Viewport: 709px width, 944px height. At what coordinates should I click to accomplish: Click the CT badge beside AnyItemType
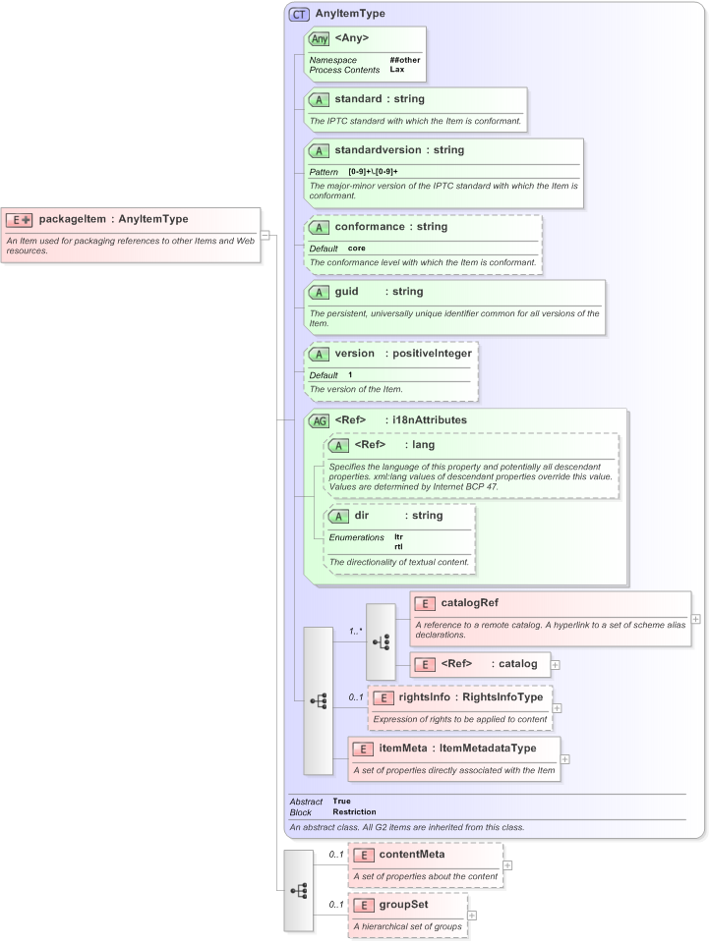[x=298, y=15]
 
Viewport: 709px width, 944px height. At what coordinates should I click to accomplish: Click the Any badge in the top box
[x=320, y=39]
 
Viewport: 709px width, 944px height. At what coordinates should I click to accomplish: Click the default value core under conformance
[x=356, y=248]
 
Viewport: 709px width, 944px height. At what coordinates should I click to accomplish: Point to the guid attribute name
[x=346, y=292]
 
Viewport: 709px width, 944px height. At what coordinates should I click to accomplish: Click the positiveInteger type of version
[x=432, y=354]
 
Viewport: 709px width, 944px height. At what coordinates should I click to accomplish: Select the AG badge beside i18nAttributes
[x=319, y=420]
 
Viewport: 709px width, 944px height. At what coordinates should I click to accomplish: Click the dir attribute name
[x=363, y=516]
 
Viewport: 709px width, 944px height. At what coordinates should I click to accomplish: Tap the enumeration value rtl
[x=398, y=546]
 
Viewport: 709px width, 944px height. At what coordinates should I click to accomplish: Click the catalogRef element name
[x=470, y=603]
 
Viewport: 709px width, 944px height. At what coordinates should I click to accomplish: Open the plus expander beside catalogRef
[x=696, y=619]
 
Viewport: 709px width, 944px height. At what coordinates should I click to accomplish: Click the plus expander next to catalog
[x=556, y=665]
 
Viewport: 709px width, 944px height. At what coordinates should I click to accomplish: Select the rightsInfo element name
[x=424, y=697]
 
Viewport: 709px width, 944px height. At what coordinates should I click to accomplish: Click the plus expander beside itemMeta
[x=565, y=758]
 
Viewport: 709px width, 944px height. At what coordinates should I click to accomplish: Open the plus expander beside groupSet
[x=472, y=916]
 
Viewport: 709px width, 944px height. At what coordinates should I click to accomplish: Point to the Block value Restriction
[x=354, y=812]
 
